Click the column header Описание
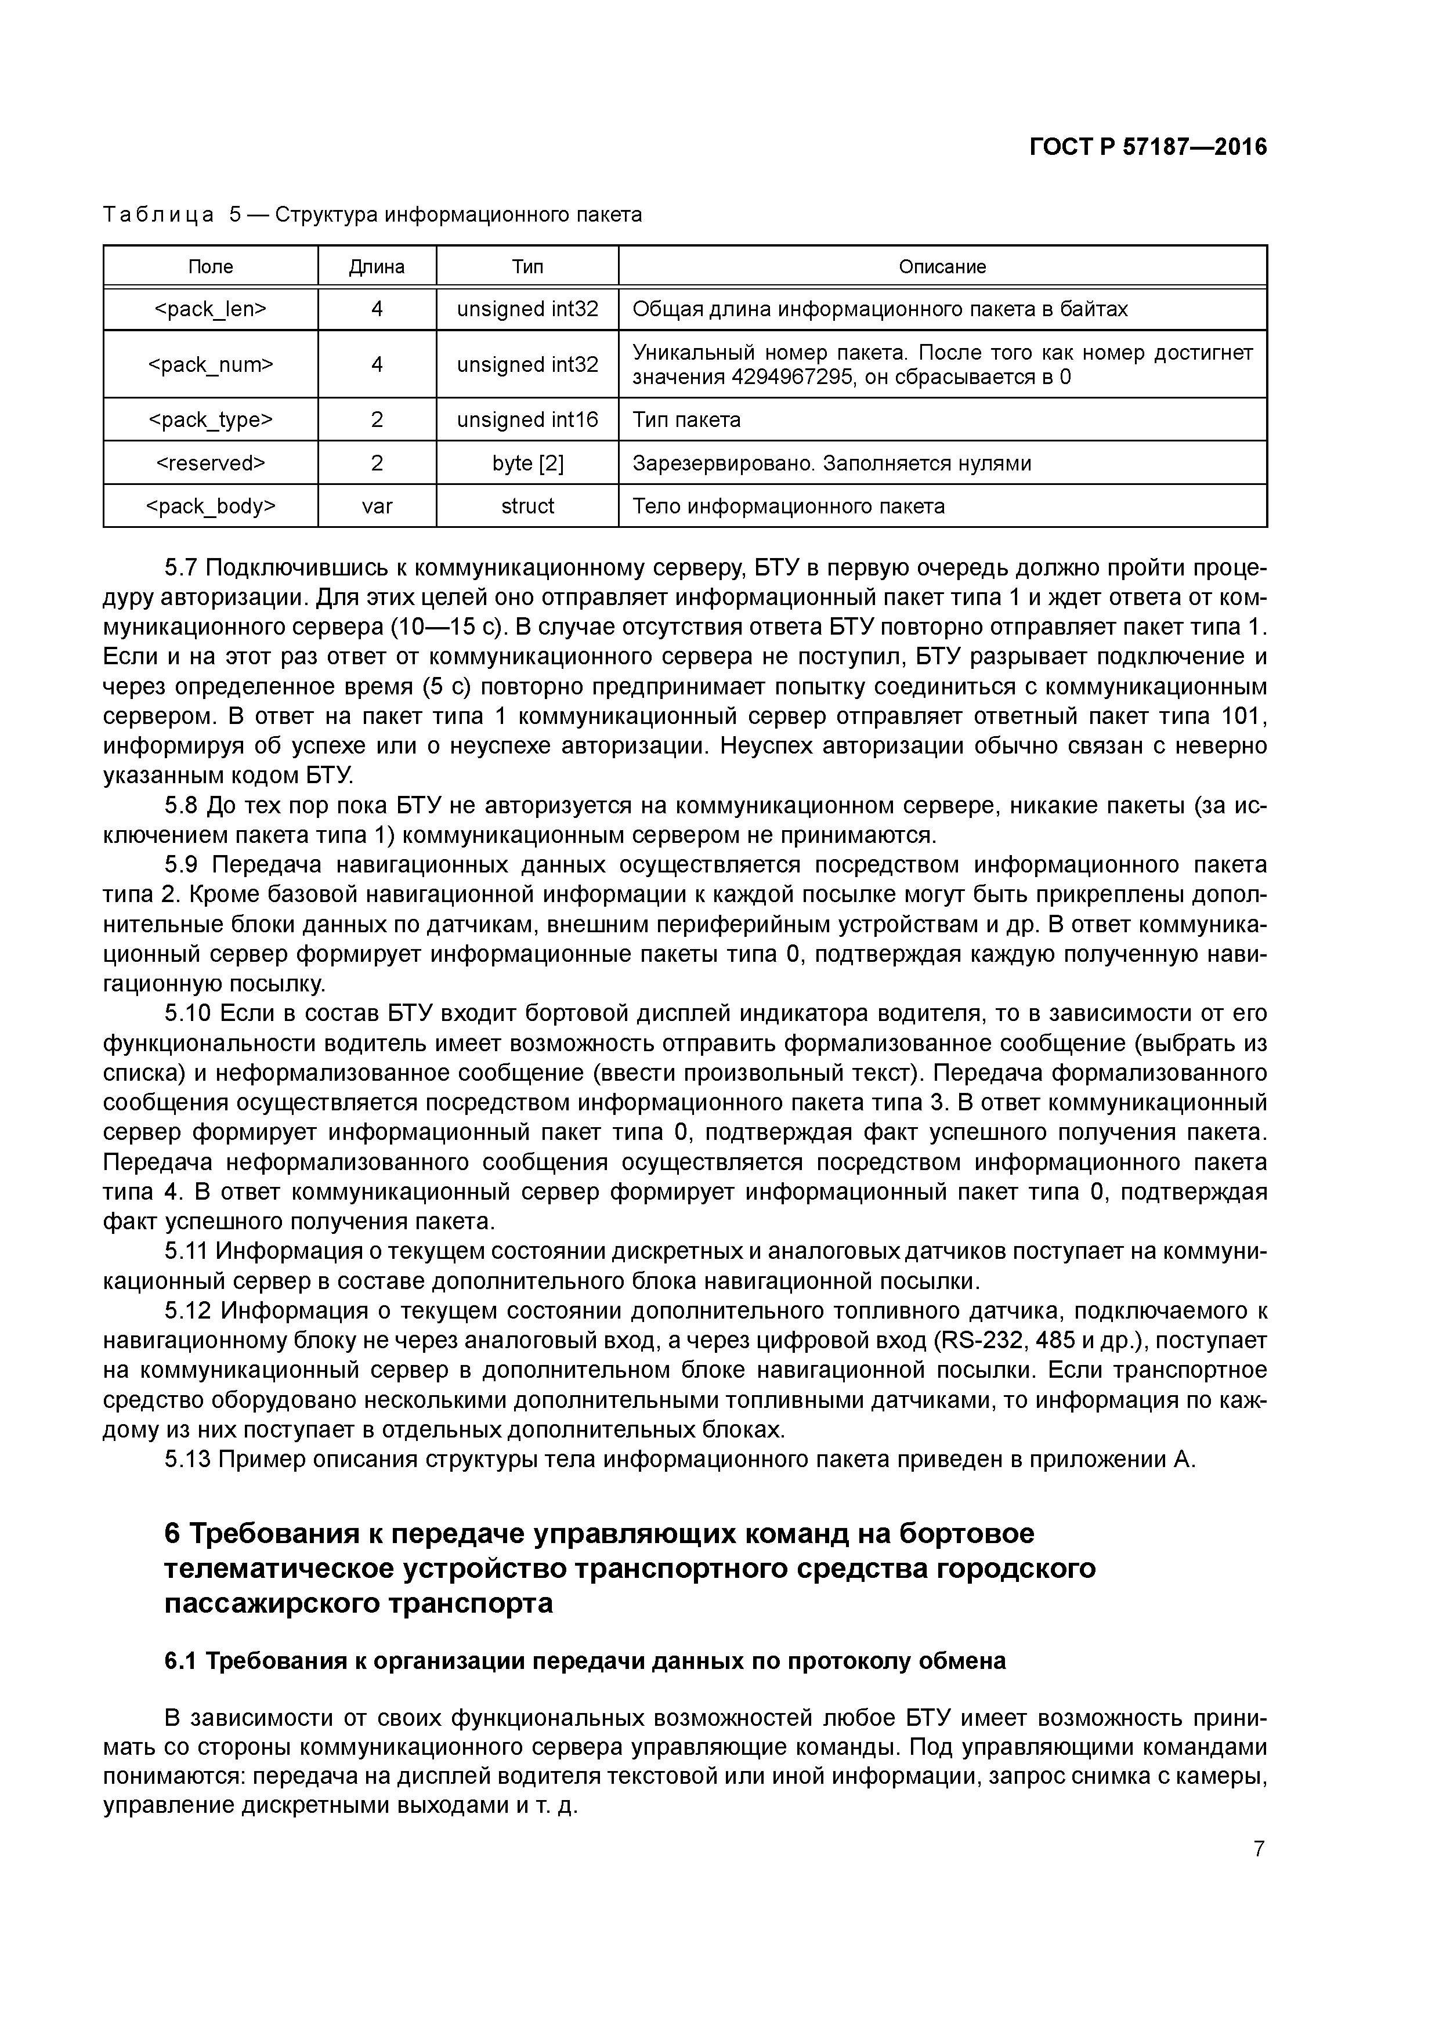(942, 267)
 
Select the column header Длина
(376, 267)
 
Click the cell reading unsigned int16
(527, 419)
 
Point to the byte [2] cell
(527, 463)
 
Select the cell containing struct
(527, 506)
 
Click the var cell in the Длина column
(376, 506)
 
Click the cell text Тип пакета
(686, 419)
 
